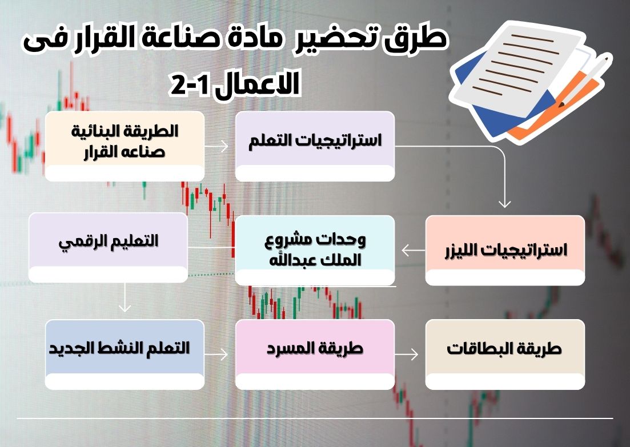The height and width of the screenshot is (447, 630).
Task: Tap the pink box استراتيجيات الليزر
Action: (505, 250)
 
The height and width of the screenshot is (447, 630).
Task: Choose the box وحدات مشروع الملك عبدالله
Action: (315, 250)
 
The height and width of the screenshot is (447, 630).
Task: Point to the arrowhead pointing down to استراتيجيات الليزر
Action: (504, 203)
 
